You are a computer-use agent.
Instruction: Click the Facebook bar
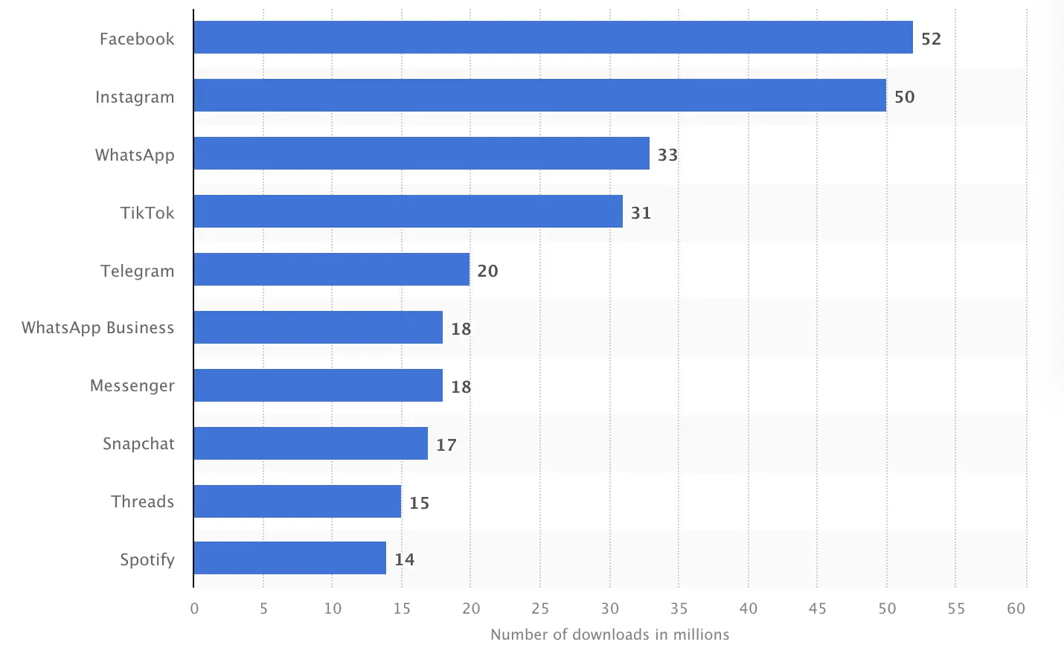click(x=553, y=37)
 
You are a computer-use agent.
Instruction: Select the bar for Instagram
click(x=539, y=95)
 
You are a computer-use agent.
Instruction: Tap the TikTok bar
click(x=408, y=211)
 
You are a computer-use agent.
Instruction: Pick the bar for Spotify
click(x=289, y=558)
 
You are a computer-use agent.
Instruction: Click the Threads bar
click(x=297, y=501)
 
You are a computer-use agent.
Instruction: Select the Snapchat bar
click(x=310, y=443)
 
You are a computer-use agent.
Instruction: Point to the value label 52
click(x=931, y=39)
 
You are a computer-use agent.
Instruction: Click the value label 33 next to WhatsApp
click(x=667, y=155)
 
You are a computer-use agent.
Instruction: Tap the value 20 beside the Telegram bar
click(x=487, y=271)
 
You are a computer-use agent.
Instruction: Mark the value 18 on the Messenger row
click(x=461, y=387)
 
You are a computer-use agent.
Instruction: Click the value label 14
click(x=404, y=559)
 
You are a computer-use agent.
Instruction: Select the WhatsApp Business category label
click(x=97, y=328)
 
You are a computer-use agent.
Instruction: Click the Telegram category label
click(x=137, y=271)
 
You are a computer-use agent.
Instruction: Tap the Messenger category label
click(x=132, y=386)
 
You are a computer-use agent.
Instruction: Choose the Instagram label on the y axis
click(x=135, y=97)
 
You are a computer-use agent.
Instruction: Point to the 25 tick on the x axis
click(x=540, y=608)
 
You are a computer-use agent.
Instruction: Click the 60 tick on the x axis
click(x=1016, y=608)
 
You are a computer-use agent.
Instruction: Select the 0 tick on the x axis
click(x=194, y=608)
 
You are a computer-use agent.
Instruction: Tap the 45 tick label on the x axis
click(x=817, y=608)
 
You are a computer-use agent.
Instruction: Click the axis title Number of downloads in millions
click(x=609, y=635)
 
